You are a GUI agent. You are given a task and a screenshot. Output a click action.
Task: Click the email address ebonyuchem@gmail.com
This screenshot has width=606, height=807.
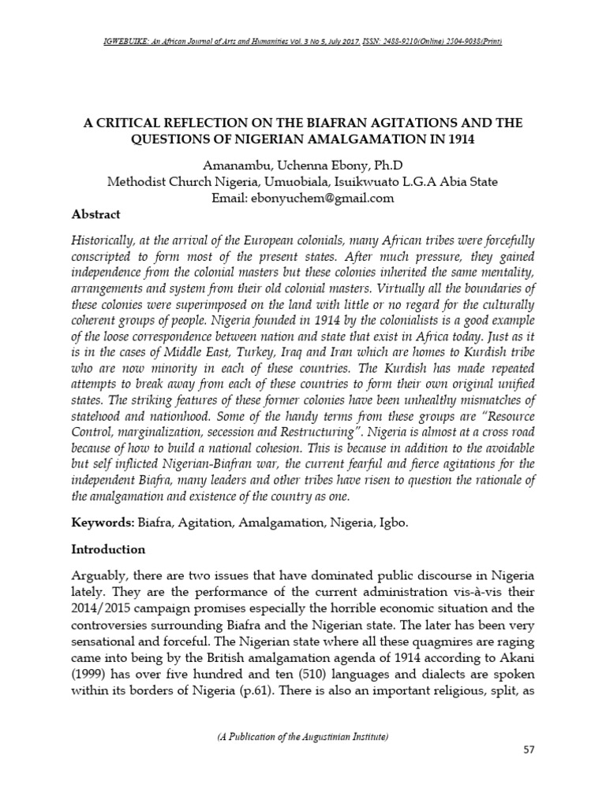pos(331,198)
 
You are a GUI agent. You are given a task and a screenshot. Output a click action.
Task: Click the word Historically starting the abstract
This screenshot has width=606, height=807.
pos(108,240)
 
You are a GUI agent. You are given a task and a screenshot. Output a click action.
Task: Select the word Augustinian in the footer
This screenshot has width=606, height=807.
pos(311,737)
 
